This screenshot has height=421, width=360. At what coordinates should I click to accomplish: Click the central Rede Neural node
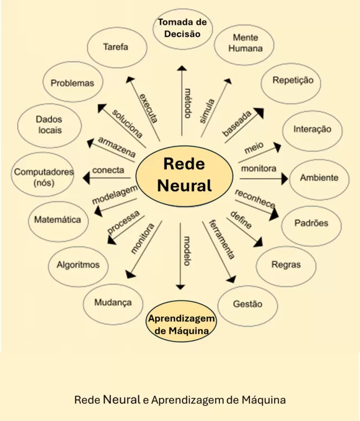click(x=184, y=174)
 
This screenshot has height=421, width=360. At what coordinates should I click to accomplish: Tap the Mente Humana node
click(x=245, y=43)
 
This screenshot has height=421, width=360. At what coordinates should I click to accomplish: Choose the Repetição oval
click(x=292, y=81)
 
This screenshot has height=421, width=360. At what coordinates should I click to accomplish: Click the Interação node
click(x=312, y=129)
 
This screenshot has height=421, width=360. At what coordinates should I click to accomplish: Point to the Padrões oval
click(x=311, y=224)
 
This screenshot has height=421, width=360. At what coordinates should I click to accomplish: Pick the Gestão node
click(x=247, y=304)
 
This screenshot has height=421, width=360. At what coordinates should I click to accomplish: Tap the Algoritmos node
click(x=78, y=265)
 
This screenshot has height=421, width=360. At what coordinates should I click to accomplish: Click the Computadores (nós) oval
click(x=44, y=177)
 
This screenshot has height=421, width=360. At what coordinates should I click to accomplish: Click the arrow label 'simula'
click(x=207, y=111)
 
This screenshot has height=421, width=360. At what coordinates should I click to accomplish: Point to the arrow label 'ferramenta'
click(x=222, y=239)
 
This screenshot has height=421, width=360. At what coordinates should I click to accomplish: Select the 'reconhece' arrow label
click(x=255, y=199)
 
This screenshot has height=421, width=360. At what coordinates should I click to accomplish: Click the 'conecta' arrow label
click(x=108, y=170)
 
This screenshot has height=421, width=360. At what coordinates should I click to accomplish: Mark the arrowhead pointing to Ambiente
click(x=284, y=179)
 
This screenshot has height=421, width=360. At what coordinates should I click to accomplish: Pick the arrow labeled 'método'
click(x=181, y=100)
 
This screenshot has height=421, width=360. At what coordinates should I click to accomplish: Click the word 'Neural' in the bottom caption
click(x=121, y=399)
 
